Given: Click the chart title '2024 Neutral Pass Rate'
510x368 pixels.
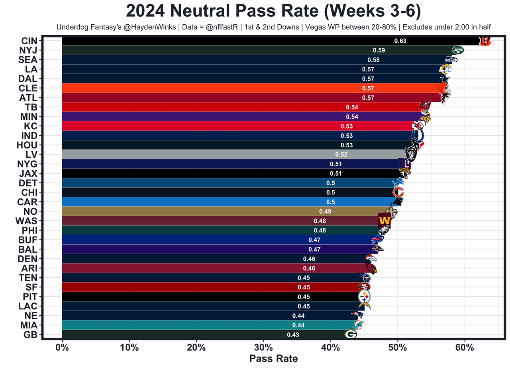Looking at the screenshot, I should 273,11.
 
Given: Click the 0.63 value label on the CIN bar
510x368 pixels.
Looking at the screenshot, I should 400,41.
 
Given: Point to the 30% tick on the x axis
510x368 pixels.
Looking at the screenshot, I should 263,347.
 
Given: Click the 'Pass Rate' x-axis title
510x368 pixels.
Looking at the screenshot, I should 273,358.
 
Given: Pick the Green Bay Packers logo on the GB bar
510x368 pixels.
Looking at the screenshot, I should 351,334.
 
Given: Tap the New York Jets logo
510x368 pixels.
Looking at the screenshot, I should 458,50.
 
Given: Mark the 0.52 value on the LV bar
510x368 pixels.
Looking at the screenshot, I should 341,154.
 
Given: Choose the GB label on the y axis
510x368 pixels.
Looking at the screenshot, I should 30,334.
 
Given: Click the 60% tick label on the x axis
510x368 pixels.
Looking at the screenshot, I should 465,347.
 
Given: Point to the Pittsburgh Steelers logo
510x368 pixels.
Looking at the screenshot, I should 364,296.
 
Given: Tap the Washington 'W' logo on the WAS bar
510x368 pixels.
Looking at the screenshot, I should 384,220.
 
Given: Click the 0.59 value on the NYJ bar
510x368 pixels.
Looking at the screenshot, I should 379,50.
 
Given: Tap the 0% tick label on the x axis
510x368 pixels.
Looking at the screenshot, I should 62,347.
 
